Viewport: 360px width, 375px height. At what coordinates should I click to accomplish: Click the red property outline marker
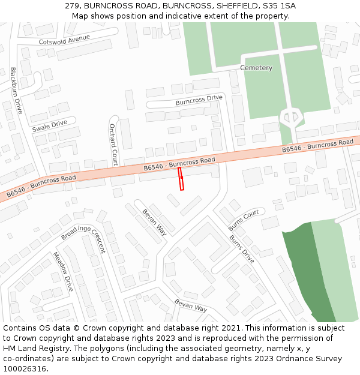point(181,179)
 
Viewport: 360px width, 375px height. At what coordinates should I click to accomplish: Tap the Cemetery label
point(256,68)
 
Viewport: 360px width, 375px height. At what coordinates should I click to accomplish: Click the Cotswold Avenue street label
point(64,40)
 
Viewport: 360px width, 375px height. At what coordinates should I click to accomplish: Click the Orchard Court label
point(113,145)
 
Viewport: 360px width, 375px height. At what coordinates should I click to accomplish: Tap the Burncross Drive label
point(199,100)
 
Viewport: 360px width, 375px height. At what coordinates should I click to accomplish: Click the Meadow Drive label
point(63,271)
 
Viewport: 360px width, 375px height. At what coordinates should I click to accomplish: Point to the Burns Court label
point(244,220)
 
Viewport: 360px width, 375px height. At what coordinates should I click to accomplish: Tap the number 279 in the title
point(73,6)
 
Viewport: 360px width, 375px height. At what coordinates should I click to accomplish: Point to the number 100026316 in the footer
point(25,368)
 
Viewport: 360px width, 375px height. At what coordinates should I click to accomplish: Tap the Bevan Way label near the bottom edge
point(191,305)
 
